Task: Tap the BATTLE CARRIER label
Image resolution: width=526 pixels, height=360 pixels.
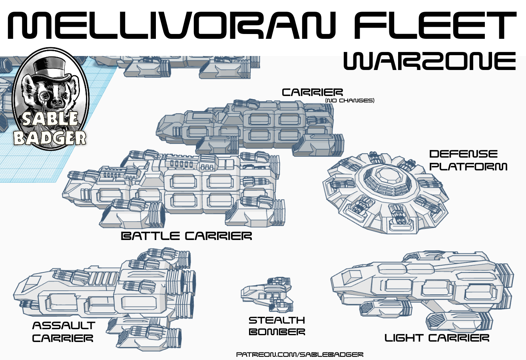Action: [186, 236]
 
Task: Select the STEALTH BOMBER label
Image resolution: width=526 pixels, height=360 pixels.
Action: [277, 326]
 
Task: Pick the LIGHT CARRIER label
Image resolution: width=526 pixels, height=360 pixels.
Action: [437, 338]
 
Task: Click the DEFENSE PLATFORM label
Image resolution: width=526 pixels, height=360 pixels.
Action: [468, 160]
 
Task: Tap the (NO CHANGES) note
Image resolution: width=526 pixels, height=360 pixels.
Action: [349, 101]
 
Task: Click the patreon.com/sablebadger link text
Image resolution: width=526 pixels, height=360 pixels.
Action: [300, 355]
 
